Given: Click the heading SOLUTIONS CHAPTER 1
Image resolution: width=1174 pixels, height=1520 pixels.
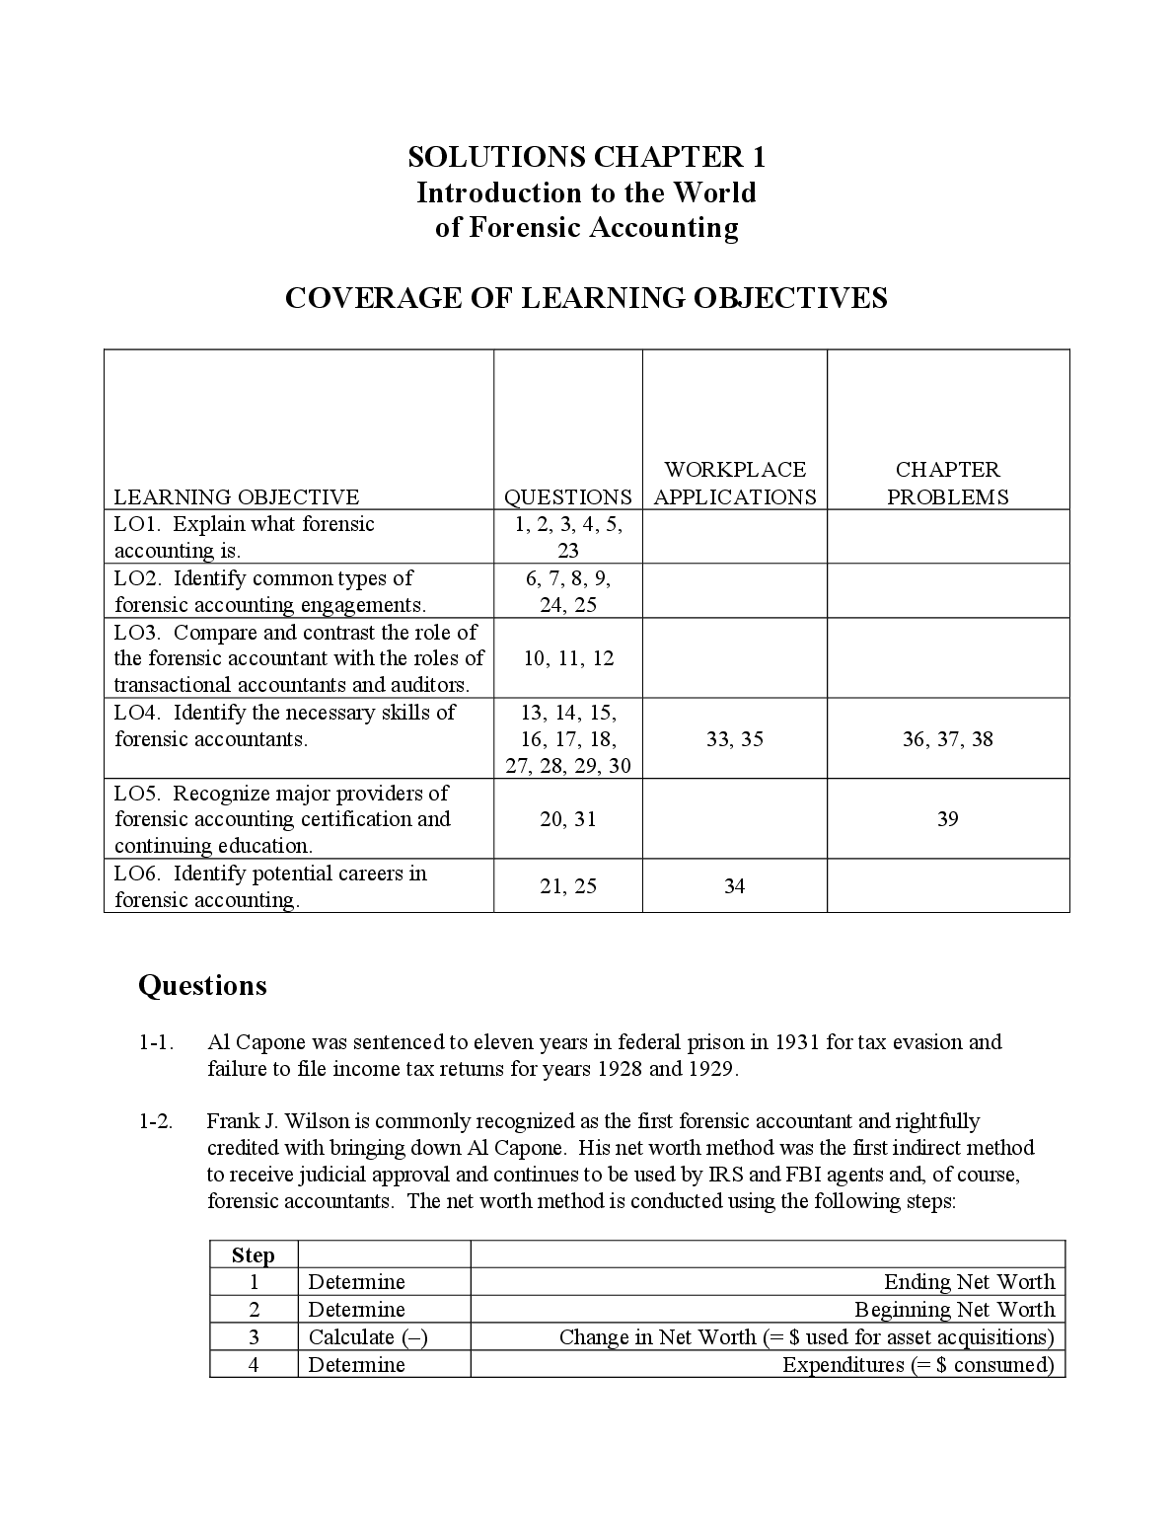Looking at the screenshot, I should pyautogui.click(x=586, y=157).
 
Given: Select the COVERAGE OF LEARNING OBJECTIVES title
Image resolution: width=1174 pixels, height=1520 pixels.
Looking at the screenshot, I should pyautogui.click(x=586, y=298).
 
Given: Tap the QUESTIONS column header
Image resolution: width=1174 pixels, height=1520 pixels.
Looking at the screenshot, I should pyautogui.click(x=567, y=496).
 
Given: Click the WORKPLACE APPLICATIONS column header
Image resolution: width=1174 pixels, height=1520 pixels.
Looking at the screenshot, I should pyautogui.click(x=735, y=484).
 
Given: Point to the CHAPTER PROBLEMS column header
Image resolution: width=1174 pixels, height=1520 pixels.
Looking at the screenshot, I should pyautogui.click(x=947, y=484).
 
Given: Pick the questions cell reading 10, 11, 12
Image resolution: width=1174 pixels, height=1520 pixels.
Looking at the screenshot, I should pyautogui.click(x=568, y=658).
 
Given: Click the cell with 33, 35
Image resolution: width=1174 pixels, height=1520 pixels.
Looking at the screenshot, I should pyautogui.click(x=735, y=739).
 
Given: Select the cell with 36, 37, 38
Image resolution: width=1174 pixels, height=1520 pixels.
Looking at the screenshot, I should pyautogui.click(x=947, y=739).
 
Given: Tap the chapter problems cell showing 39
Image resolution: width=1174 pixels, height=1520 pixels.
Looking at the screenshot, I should pyautogui.click(x=947, y=819).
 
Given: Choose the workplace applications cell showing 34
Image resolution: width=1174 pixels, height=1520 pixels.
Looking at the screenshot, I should pyautogui.click(x=734, y=886).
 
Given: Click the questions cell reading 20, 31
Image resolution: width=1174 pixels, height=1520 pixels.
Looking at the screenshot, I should pyautogui.click(x=568, y=819).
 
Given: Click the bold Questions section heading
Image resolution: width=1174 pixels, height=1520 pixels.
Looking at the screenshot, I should pyautogui.click(x=202, y=986).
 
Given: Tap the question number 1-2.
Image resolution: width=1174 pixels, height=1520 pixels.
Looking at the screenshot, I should pyautogui.click(x=156, y=1121).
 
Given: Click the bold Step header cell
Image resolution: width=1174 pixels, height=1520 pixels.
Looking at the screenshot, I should pyautogui.click(x=254, y=1255).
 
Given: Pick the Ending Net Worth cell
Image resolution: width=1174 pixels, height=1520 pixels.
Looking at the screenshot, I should pyautogui.click(x=969, y=1282).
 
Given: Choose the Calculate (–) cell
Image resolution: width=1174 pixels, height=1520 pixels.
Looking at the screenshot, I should pyautogui.click(x=368, y=1337).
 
